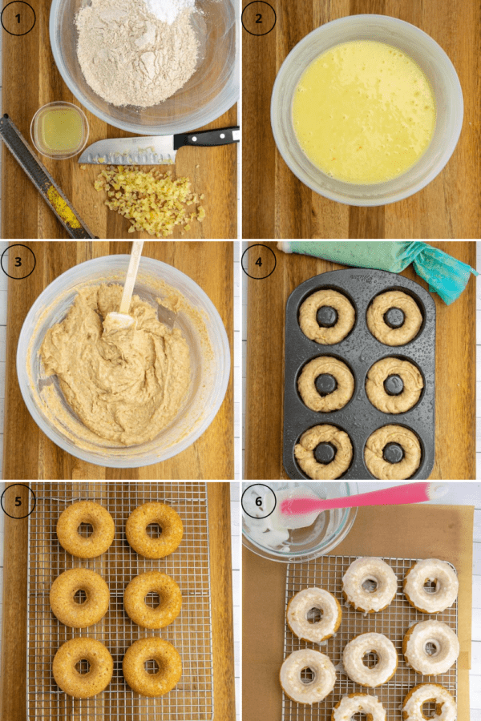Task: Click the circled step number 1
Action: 18,18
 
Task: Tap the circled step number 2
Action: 259,18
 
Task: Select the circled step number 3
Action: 18,262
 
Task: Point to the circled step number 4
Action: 259,262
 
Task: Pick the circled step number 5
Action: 18,501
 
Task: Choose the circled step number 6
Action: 259,501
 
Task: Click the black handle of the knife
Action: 207,138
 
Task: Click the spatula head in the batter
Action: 119,320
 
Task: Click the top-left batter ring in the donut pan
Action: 327,316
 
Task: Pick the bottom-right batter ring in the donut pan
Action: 393,453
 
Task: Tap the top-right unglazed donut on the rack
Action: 155,530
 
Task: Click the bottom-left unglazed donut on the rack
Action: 83,667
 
